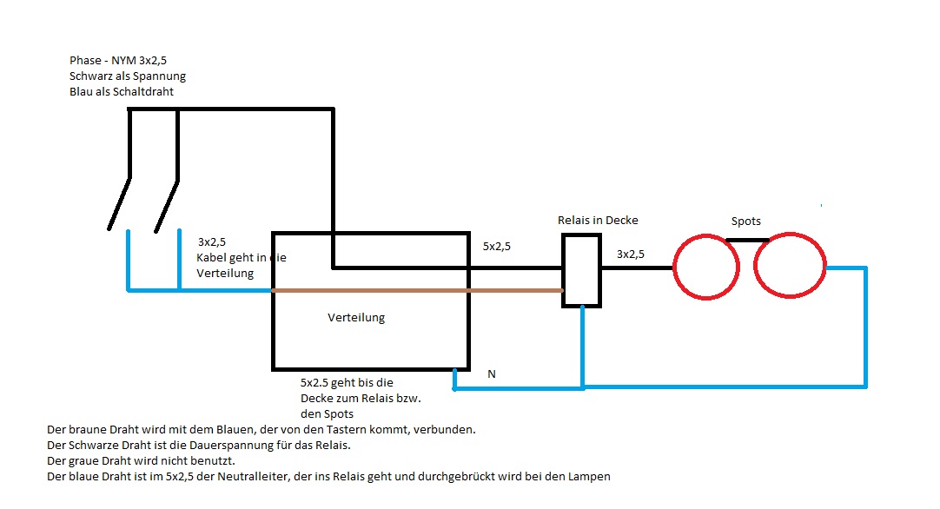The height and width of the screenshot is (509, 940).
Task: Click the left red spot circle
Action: (x=707, y=267)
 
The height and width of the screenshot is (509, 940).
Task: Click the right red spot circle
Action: (x=790, y=267)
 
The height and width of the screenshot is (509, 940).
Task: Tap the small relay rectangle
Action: (x=581, y=269)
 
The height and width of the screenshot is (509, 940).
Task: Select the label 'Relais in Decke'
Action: (x=597, y=220)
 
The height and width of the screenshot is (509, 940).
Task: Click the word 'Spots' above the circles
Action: (x=745, y=221)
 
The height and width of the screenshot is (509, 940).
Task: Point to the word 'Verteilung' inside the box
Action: (x=356, y=317)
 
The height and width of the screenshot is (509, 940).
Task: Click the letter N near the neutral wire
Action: (x=492, y=373)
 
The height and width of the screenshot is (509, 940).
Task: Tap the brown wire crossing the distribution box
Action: (x=417, y=290)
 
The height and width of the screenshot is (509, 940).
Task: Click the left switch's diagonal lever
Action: (x=120, y=202)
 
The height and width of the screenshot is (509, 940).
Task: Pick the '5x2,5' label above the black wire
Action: (x=496, y=246)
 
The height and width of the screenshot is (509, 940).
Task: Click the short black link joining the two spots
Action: (x=748, y=241)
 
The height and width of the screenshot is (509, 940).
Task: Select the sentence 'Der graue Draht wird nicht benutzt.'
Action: (x=142, y=460)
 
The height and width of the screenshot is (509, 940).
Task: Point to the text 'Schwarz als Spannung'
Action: (x=128, y=76)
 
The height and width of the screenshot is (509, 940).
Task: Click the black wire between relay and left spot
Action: (x=637, y=268)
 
